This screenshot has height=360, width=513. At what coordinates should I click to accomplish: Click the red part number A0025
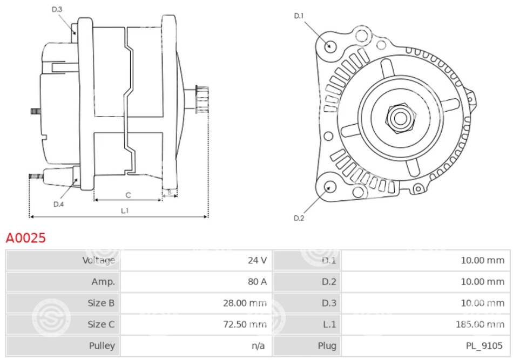coord(26,238)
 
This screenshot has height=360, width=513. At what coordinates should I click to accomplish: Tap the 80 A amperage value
coord(257,282)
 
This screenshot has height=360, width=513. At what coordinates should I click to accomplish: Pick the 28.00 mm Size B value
coord(245,303)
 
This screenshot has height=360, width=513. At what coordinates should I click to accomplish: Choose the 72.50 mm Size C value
coord(245,324)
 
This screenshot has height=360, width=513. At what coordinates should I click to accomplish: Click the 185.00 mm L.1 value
coord(480,324)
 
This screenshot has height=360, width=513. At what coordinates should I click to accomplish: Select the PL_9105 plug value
coord(484,346)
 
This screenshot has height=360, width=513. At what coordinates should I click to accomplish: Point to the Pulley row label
coord(102,346)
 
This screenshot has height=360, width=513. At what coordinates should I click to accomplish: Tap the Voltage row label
coord(98,260)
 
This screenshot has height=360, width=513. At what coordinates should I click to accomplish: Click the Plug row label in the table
coord(327,346)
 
